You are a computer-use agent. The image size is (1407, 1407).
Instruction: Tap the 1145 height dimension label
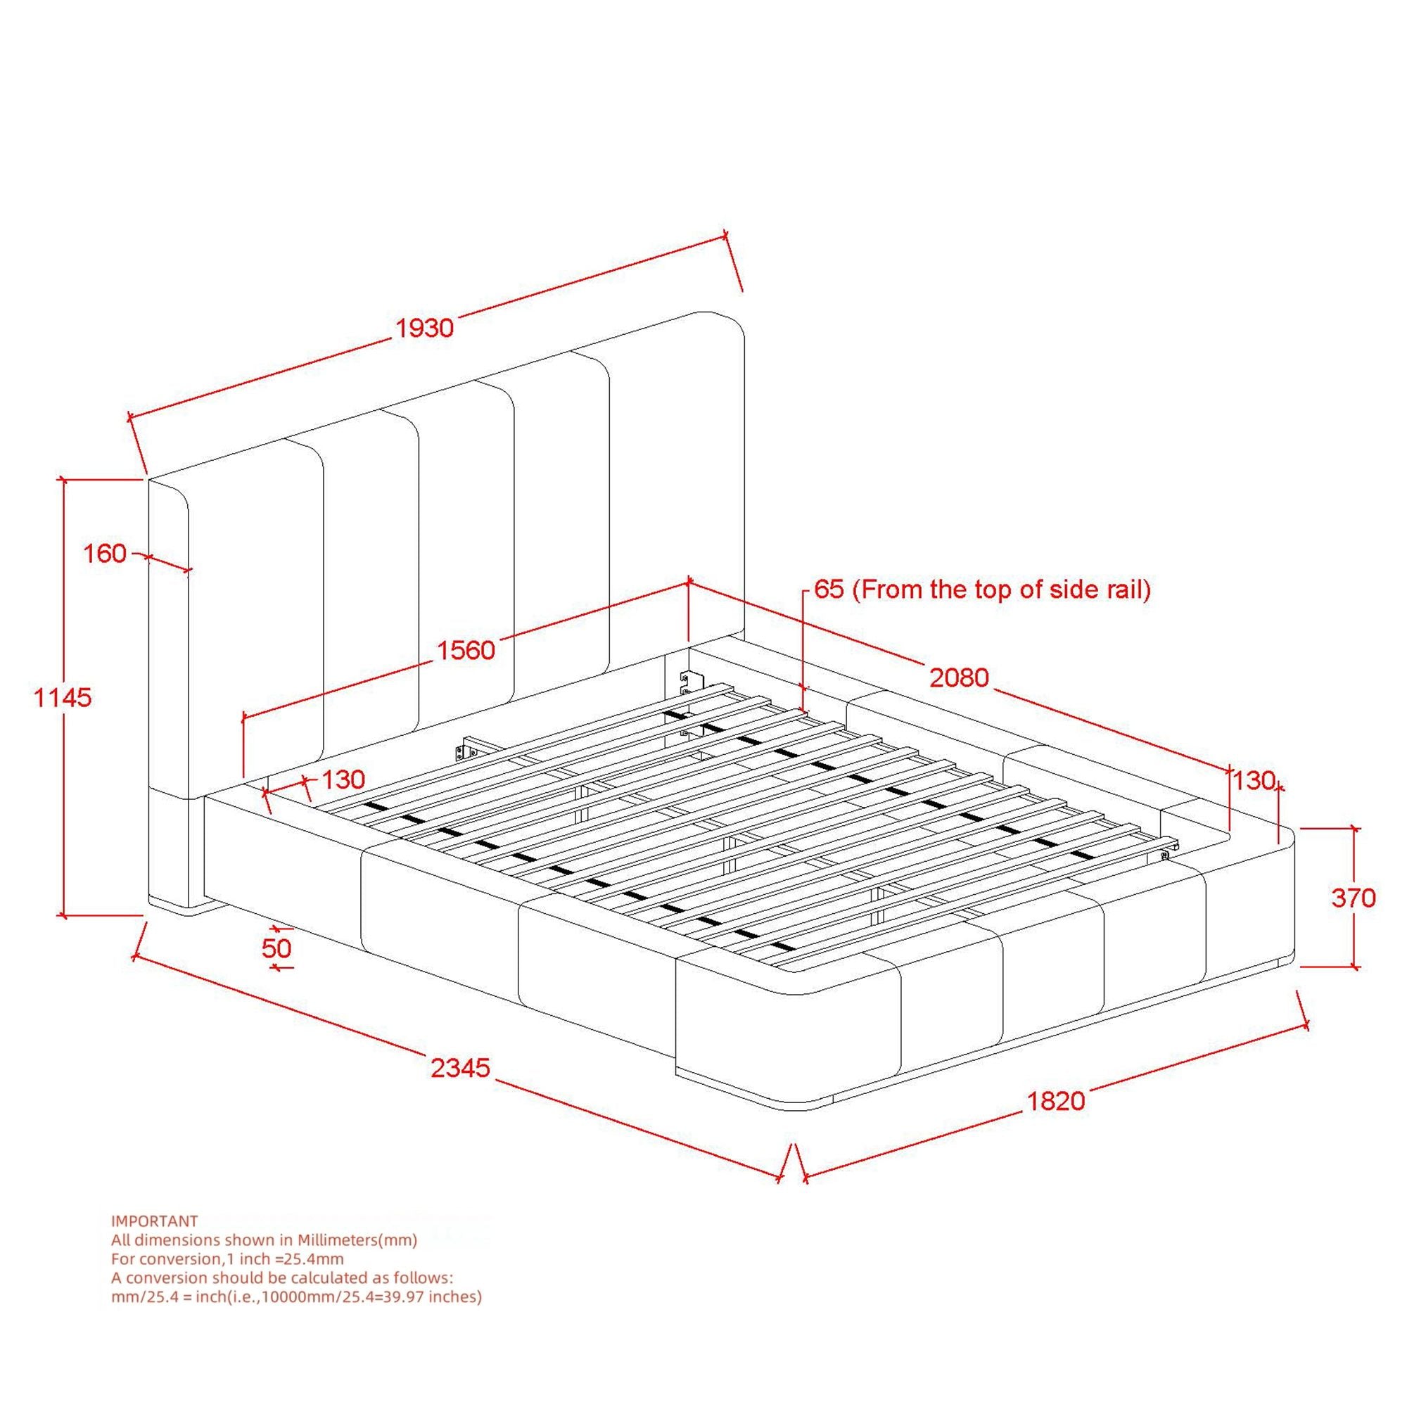coord(63,698)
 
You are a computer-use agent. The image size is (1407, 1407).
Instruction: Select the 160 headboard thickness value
coord(105,554)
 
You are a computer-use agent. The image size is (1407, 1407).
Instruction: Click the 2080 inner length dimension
coord(959,678)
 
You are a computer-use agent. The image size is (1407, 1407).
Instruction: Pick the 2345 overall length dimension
coord(460,1069)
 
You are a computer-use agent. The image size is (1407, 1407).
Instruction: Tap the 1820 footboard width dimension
coord(1055,1100)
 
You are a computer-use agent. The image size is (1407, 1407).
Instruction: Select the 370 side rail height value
coord(1353,898)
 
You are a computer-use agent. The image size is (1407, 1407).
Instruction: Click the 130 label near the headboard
coord(343,780)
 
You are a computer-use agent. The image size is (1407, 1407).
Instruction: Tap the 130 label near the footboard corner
coord(1254,781)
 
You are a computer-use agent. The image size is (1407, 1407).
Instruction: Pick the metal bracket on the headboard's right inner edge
coord(688,684)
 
